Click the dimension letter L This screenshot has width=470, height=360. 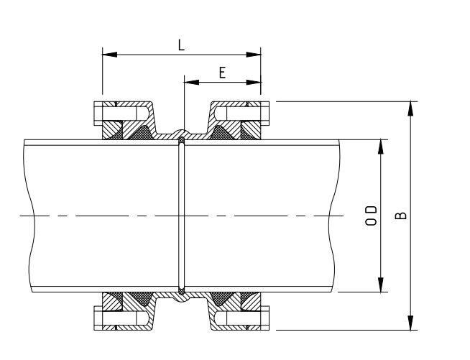pos(181,45)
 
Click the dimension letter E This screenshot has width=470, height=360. pos(222,73)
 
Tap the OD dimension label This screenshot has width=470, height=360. pos(371,216)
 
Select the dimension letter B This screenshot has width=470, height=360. pos(400,216)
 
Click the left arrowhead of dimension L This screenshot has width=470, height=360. pos(110,55)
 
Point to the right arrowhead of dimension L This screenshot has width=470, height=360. pos(253,55)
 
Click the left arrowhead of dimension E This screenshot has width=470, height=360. pos(191,82)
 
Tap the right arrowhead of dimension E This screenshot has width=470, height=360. pos(253,82)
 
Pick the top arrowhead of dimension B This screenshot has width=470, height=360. pos(410,109)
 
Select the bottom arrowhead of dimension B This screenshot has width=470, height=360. pos(410,323)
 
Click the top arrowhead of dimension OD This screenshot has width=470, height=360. pos(381,147)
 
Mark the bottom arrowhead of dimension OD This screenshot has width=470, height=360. pos(381,285)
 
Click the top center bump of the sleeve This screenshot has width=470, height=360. pos(182,132)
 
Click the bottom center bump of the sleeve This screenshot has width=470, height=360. pos(182,299)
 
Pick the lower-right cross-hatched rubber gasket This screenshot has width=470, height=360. pos(224,298)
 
